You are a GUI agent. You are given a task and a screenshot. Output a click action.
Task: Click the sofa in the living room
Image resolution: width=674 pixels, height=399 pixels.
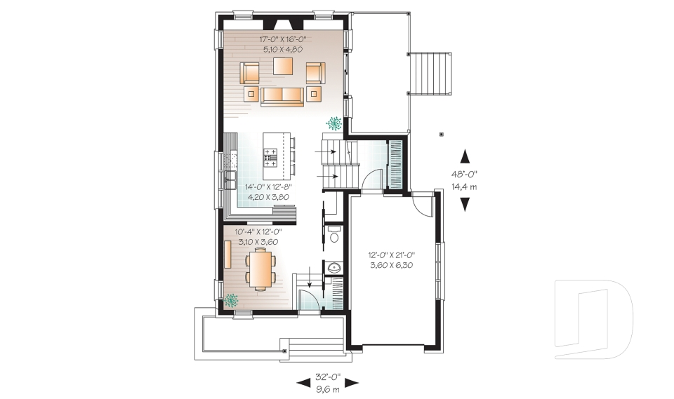pyautogui.click(x=282, y=96)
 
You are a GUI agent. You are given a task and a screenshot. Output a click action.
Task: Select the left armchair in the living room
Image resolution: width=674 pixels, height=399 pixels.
pyautogui.click(x=249, y=72)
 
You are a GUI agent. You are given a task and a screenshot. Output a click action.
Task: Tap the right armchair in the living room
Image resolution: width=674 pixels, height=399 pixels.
pyautogui.click(x=315, y=72)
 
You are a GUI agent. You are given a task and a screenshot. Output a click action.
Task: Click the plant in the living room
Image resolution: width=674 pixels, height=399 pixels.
pyautogui.click(x=333, y=123)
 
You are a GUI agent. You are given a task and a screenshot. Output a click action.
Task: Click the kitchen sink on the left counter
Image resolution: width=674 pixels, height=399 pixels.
pyautogui.click(x=229, y=178)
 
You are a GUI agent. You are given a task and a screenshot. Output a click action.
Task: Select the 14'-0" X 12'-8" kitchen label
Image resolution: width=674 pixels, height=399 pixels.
pyautogui.click(x=268, y=187)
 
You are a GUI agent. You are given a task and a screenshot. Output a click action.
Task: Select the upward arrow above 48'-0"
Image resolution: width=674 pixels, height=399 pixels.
pyautogui.click(x=465, y=156)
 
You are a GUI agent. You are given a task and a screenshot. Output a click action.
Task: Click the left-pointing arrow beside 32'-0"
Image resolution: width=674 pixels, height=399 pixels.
pyautogui.click(x=303, y=383)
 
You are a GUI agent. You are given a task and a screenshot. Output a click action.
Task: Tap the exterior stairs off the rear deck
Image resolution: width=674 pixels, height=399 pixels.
pyautogui.click(x=429, y=74)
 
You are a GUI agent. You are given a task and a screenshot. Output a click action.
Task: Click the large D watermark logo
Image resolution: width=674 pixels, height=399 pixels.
pyautogui.click(x=593, y=313)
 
